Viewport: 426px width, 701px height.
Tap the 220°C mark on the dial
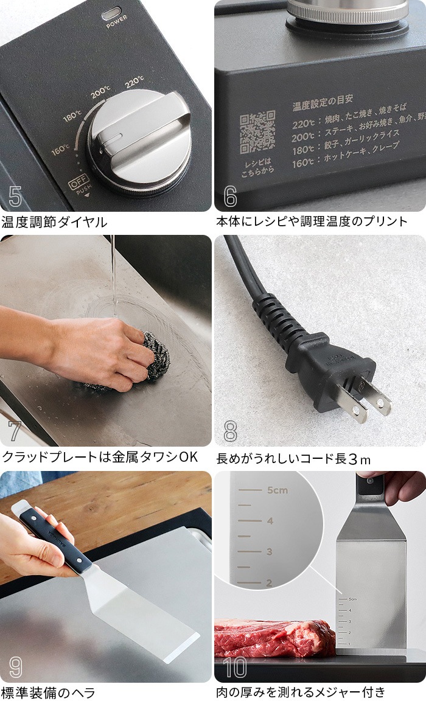[x=135, y=81]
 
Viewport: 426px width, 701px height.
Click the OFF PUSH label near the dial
[x=79, y=185]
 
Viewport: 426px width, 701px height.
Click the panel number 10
[x=236, y=667]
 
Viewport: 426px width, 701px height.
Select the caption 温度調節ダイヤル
[x=54, y=221]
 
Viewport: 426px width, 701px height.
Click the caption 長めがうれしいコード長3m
[x=293, y=458]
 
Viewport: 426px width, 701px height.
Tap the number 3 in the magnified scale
[x=270, y=552]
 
